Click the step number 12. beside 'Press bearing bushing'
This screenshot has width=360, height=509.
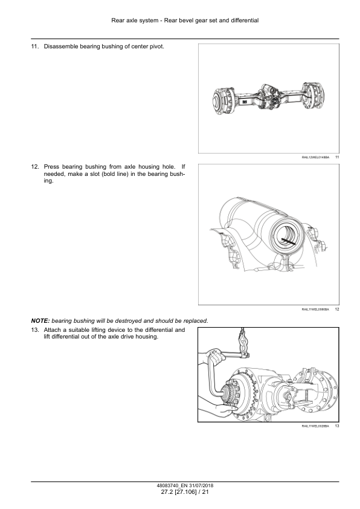34,166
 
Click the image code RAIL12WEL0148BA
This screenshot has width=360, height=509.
315,157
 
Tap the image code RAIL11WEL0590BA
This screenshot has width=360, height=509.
315,310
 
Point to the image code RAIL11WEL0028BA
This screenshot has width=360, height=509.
315,427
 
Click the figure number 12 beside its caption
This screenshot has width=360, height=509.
336,310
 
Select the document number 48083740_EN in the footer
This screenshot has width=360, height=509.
170,485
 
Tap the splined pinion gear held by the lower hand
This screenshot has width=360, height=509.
231,398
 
